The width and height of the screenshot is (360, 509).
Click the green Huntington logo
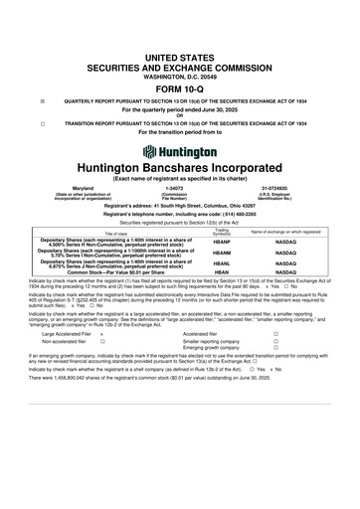(x=180, y=151)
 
